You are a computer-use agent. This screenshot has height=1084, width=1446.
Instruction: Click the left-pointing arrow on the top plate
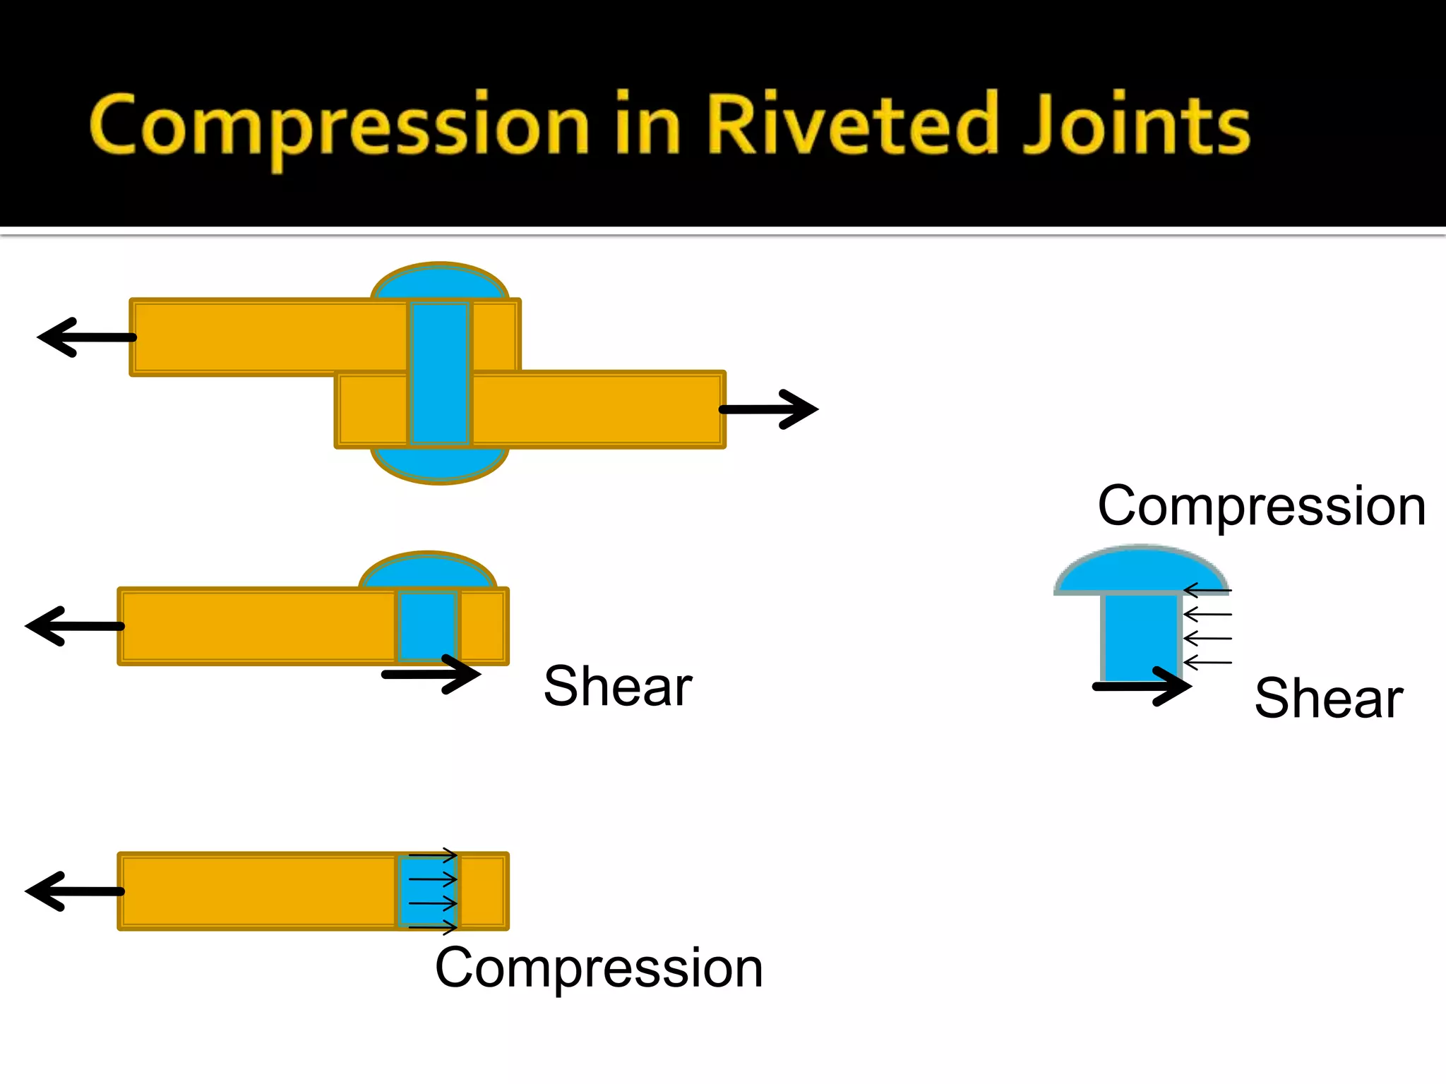click(x=85, y=337)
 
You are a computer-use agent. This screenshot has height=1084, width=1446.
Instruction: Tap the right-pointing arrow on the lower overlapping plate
click(x=770, y=409)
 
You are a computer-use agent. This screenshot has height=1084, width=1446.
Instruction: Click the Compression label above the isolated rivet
click(x=1262, y=507)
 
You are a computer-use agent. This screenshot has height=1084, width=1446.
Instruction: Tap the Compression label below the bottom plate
click(x=599, y=968)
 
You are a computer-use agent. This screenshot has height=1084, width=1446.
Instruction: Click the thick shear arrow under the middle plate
click(x=431, y=675)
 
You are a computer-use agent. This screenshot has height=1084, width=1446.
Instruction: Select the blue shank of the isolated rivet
click(x=1141, y=635)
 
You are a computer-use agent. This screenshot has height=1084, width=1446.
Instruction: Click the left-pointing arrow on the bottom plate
click(x=73, y=891)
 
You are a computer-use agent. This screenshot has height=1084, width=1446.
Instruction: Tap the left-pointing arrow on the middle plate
click(x=73, y=626)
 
